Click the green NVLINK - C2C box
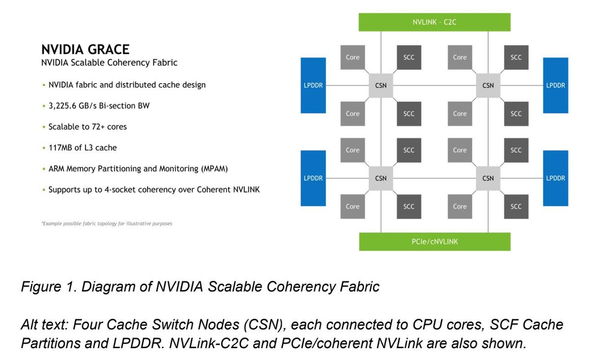[x=435, y=22]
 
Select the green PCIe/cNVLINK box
[x=435, y=241]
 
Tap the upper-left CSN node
[x=381, y=86]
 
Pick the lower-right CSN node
[x=488, y=179]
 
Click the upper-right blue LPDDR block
[x=556, y=86]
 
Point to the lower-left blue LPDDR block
[x=313, y=178]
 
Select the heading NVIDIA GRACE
[x=85, y=50]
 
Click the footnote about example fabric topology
[x=106, y=224]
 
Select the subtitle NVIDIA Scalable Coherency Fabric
[x=109, y=63]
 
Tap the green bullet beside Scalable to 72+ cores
[x=43, y=127]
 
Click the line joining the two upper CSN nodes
[x=434, y=86]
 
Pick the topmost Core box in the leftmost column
[x=353, y=57]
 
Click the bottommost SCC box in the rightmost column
[x=516, y=207]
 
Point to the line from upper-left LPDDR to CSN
[x=347, y=86]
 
